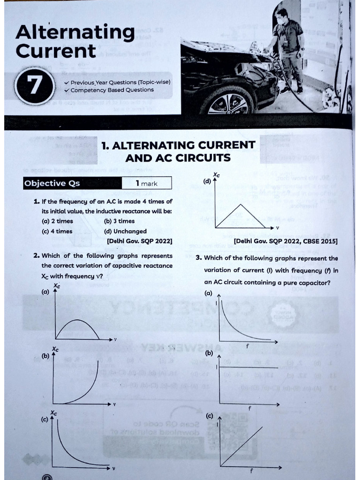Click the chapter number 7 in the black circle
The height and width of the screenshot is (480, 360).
click(x=32, y=87)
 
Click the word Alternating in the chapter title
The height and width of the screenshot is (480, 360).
click(x=75, y=33)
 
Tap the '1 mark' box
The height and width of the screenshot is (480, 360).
click(x=147, y=183)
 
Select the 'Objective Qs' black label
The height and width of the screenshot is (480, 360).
click(x=52, y=183)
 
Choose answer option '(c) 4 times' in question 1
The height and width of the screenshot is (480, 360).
click(x=57, y=231)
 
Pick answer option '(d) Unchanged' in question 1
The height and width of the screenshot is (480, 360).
click(x=125, y=231)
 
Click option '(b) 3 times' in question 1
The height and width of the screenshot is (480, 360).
click(x=119, y=221)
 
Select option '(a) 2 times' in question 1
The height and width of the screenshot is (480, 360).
click(x=57, y=221)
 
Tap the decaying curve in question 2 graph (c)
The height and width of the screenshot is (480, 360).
click(x=70, y=450)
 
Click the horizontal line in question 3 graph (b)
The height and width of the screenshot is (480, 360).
click(x=248, y=368)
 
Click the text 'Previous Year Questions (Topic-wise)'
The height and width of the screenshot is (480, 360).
click(x=120, y=82)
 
